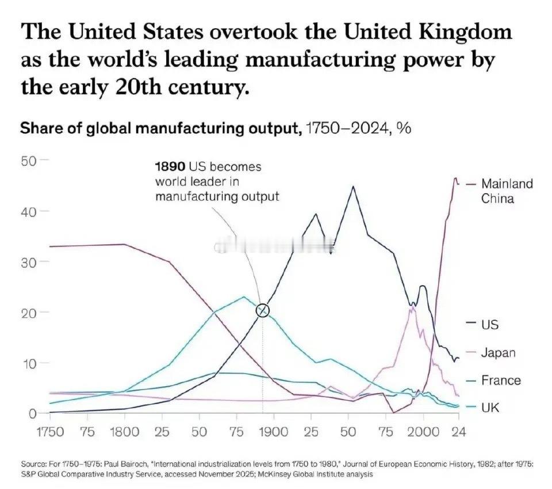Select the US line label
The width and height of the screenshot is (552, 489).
tap(490, 325)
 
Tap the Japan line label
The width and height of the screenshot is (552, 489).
tap(498, 353)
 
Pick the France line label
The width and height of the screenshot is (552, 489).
tap(501, 380)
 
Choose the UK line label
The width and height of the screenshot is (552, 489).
tap(490, 408)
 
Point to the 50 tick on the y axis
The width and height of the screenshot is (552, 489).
tap(29, 160)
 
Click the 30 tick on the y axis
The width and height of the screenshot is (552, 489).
tap(29, 261)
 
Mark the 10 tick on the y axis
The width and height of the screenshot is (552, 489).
tap(29, 363)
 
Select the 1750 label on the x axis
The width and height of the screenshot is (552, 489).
tap(51, 432)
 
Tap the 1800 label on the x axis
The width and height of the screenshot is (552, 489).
tap(124, 432)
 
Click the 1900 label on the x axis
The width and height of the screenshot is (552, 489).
tap(274, 432)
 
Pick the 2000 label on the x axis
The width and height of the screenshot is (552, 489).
tap(423, 432)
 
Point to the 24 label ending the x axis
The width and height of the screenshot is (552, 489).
tap(458, 432)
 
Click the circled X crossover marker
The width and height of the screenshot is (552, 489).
tap(263, 310)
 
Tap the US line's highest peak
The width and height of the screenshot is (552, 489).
tap(353, 186)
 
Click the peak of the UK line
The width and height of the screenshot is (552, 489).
tap(244, 297)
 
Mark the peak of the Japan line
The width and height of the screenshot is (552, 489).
tap(412, 307)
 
